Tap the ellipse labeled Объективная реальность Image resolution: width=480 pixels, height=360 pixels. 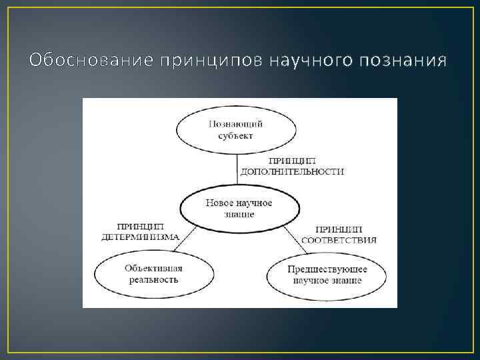153,273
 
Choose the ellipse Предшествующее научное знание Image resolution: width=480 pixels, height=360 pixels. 327,274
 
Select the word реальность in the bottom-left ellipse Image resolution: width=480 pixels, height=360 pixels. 153,279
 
